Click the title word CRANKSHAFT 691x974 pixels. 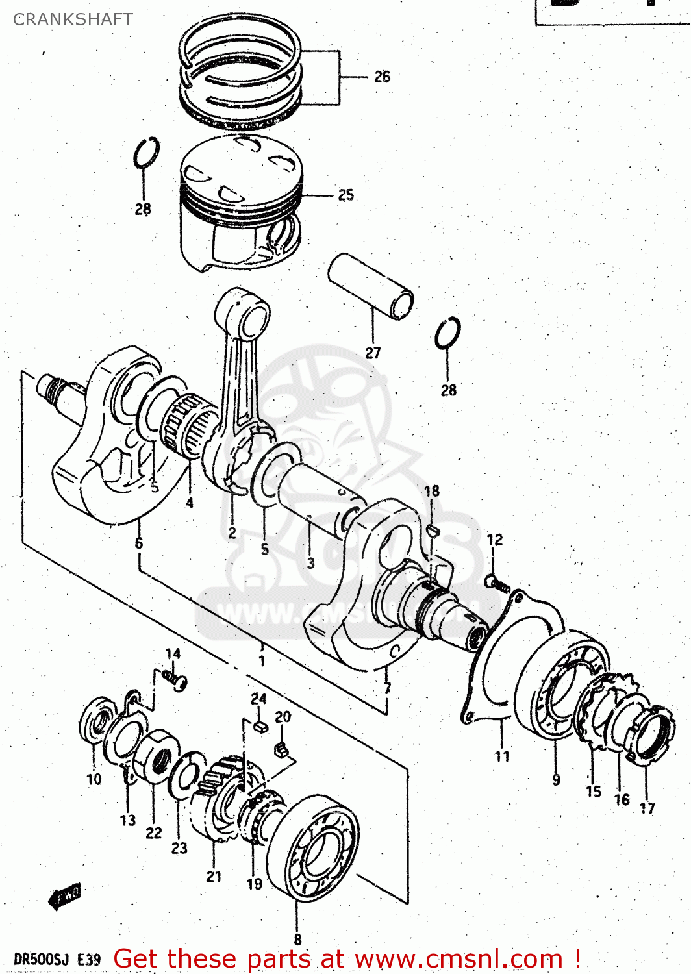[73, 19]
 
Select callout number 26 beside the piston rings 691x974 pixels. [382, 77]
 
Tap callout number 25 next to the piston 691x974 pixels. [345, 195]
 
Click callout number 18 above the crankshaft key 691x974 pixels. [432, 491]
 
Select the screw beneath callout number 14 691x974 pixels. [176, 679]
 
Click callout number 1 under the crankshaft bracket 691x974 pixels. [261, 661]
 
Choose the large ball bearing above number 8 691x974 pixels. [313, 847]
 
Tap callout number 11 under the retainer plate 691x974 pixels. [502, 756]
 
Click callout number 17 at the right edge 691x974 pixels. [647, 808]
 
